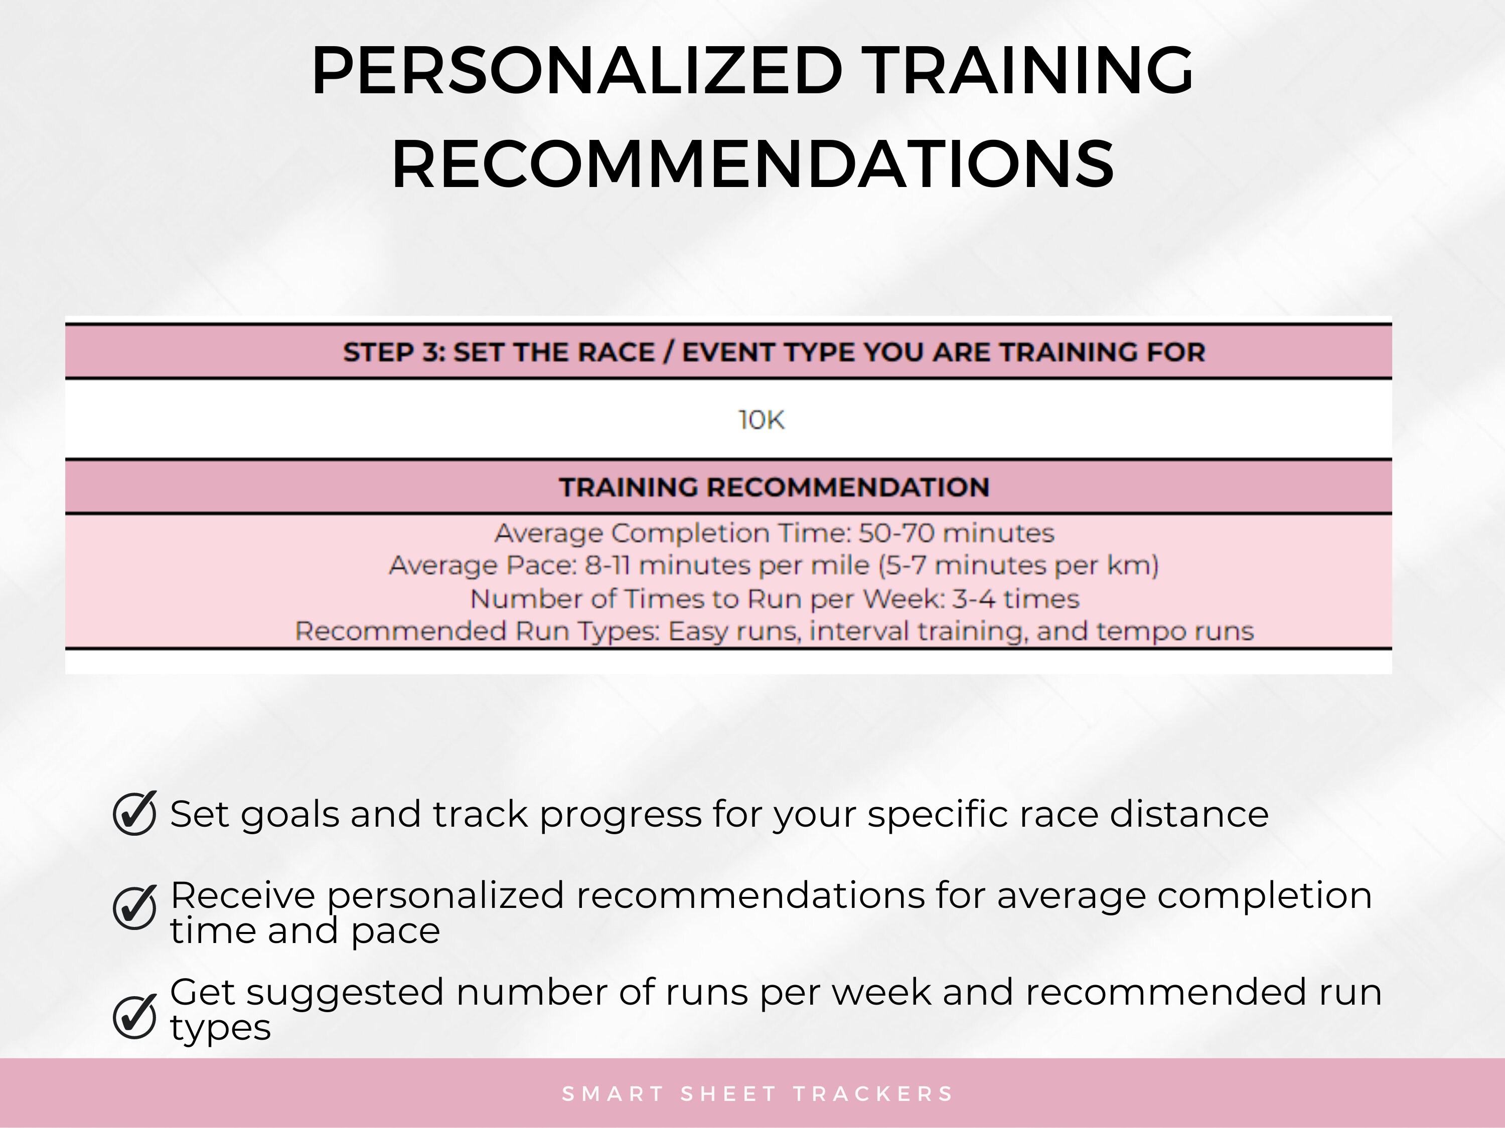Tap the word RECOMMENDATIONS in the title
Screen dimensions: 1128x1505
click(x=753, y=164)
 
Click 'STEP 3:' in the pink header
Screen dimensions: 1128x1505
click(x=393, y=352)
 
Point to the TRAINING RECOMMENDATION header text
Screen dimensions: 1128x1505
click(x=774, y=487)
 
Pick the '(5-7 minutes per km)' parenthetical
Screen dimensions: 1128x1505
click(x=1020, y=566)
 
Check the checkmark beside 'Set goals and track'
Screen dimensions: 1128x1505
click(x=135, y=813)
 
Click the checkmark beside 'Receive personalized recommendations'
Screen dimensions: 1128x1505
click(x=135, y=907)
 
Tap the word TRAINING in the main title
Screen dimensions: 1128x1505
click(x=1029, y=71)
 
